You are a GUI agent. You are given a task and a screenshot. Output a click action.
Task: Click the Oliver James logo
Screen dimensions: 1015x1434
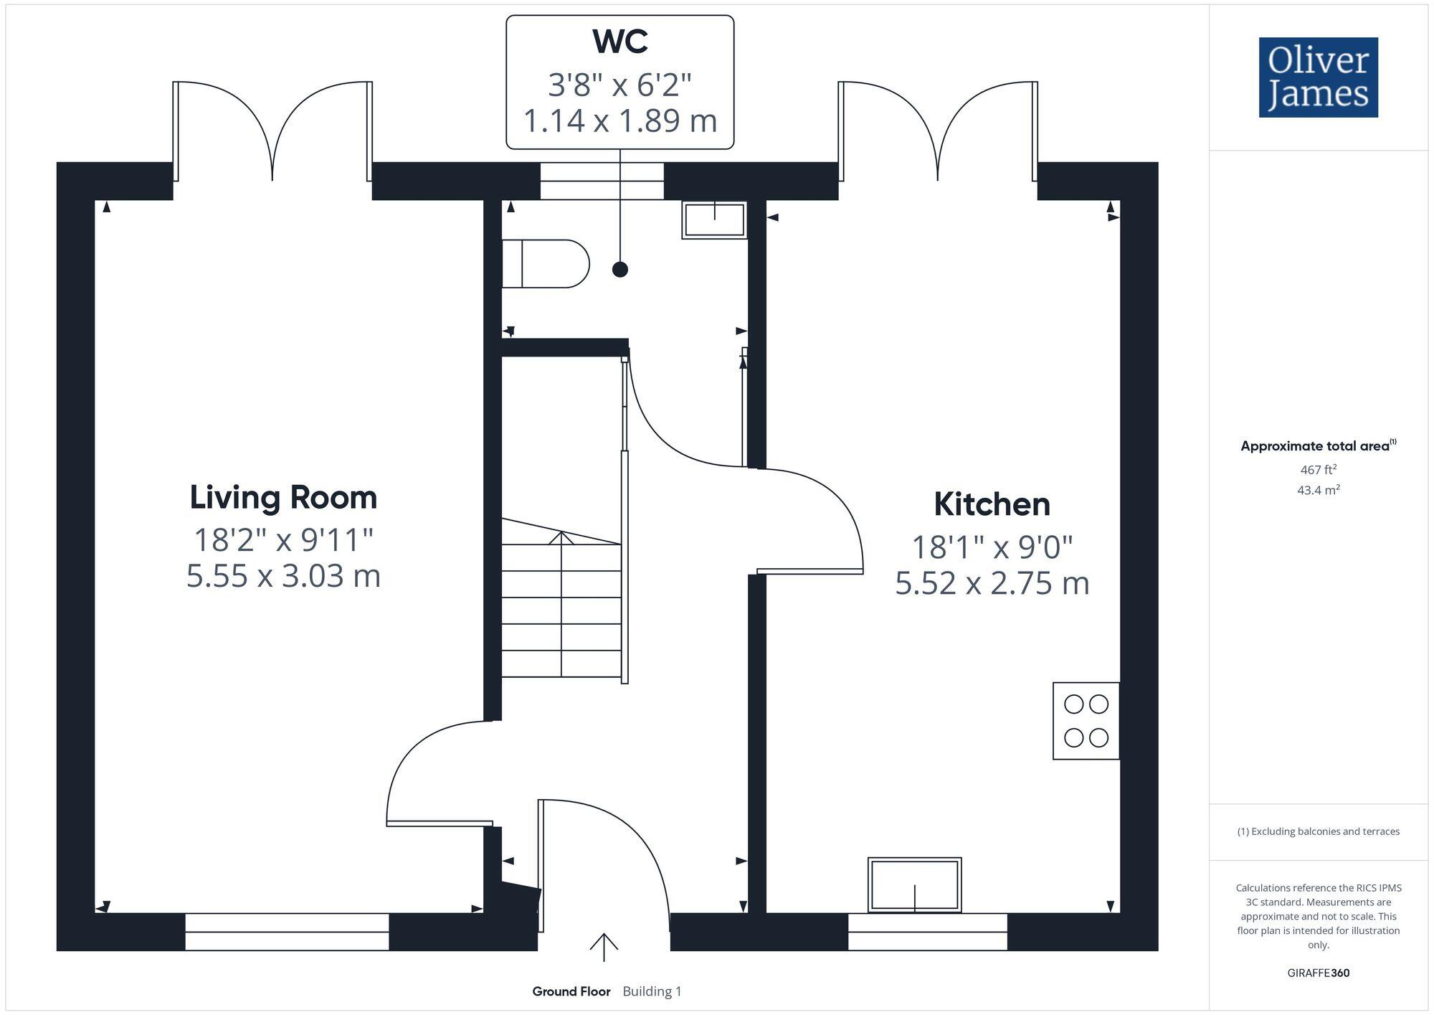tap(1318, 77)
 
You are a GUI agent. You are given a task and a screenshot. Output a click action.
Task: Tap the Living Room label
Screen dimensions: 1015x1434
tap(283, 497)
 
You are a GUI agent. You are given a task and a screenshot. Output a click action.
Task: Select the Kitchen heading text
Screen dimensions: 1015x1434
tap(992, 504)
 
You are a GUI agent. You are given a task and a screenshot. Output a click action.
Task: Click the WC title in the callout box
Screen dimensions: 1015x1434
tap(619, 42)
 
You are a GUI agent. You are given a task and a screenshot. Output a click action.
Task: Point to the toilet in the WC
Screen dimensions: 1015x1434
tap(545, 264)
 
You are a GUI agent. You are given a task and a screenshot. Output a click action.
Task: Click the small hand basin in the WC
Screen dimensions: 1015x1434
tap(714, 219)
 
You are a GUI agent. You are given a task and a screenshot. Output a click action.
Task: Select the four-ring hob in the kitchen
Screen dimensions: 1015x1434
tap(1086, 721)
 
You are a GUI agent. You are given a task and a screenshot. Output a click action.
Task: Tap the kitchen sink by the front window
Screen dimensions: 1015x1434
tap(914, 885)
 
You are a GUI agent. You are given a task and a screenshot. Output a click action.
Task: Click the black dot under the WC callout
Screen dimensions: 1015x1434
tap(620, 270)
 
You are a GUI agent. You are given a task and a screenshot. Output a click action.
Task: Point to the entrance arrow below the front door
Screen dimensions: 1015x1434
tap(604, 947)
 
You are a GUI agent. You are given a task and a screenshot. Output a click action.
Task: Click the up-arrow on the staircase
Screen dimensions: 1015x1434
tap(561, 539)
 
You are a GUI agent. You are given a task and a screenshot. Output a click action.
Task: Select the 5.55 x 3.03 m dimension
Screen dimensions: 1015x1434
tap(283, 576)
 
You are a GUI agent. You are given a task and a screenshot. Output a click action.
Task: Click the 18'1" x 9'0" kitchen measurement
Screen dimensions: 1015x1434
tap(992, 547)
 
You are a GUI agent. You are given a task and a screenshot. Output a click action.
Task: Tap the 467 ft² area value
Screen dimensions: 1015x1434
tap(1318, 470)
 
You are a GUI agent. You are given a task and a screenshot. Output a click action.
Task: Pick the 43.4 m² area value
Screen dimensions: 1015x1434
tap(1318, 490)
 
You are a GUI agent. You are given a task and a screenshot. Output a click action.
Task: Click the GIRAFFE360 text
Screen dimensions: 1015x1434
tap(1318, 973)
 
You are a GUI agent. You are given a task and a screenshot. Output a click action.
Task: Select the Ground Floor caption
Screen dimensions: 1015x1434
tap(571, 991)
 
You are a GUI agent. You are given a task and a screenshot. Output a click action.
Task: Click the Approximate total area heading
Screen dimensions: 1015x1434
tap(1315, 446)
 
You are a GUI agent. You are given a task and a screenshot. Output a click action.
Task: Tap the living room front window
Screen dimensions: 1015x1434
tap(287, 931)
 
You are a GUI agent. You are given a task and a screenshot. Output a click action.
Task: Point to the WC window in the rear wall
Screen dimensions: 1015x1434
tap(602, 181)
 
